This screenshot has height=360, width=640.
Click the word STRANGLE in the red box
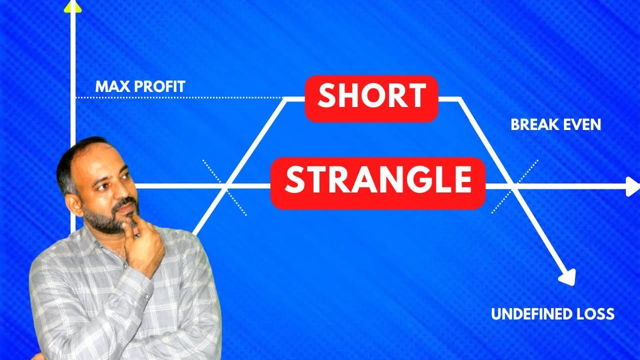coord(377,182)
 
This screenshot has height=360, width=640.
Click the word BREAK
coord(532,125)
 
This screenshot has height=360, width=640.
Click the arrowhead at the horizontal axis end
coord(633,186)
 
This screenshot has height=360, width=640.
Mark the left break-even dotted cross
coord(225,187)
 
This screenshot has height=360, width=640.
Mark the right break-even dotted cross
coord(514,186)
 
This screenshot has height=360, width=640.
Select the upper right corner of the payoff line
coord(458,99)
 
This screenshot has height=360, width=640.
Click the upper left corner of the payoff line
coord(286,99)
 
